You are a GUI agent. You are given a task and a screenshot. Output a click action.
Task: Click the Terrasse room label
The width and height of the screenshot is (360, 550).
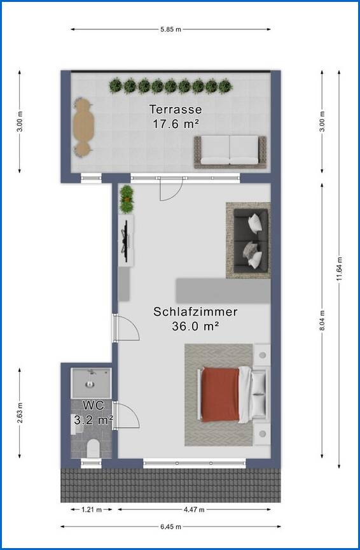point(175,109)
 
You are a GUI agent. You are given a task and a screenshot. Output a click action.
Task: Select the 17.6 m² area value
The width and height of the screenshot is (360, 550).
point(175,123)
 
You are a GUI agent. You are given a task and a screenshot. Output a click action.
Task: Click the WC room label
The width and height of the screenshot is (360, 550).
point(93,405)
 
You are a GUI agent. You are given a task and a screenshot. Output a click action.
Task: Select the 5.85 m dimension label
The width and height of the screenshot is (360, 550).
point(170,29)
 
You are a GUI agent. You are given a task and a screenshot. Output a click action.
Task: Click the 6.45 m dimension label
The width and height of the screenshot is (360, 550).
point(170,526)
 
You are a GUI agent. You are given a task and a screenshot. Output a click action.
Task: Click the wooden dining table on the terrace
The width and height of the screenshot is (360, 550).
point(83,126)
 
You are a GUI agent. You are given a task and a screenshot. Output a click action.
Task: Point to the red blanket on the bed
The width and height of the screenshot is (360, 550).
point(220,394)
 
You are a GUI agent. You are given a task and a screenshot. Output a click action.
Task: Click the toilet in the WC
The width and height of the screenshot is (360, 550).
point(93,448)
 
